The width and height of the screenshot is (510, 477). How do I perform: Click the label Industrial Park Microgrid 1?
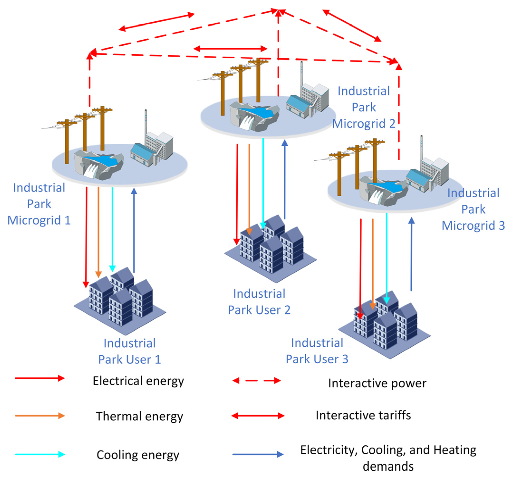pyautogui.click(x=39, y=204)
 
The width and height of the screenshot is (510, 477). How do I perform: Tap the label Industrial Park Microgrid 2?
pyautogui.click(x=364, y=107)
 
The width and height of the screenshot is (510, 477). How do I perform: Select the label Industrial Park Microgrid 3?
pyautogui.click(x=473, y=209)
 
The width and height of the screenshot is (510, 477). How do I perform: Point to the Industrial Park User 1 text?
pyautogui.click(x=130, y=351)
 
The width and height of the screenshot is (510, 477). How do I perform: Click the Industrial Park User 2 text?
pyautogui.click(x=259, y=302)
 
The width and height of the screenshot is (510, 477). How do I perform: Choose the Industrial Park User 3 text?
pyautogui.click(x=317, y=351)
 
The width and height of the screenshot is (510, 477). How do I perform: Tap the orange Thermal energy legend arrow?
pyautogui.click(x=40, y=416)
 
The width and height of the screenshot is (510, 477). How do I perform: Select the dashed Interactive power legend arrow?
pyautogui.click(x=256, y=381)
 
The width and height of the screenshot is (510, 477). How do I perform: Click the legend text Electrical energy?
pyautogui.click(x=138, y=381)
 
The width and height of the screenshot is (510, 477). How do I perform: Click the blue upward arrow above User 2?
pyautogui.click(x=284, y=179)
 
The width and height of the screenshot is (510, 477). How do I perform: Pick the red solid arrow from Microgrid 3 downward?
pyautogui.click(x=361, y=269)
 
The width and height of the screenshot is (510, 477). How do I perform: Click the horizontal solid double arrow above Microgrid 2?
pyautogui.click(x=230, y=48)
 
